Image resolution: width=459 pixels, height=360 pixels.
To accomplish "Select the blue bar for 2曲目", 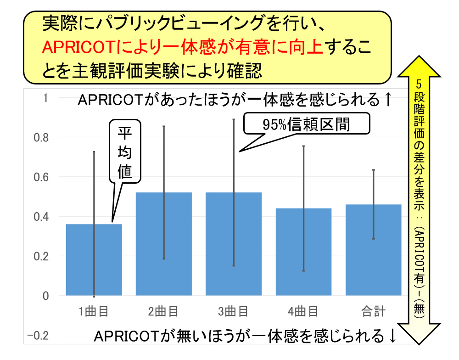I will point(164,244).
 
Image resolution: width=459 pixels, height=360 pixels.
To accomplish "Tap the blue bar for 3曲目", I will point(234,244).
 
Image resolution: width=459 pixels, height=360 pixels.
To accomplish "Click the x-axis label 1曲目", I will point(94,312).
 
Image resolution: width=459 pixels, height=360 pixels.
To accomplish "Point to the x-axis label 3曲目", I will point(233,312).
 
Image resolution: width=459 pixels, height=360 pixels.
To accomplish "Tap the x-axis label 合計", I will point(373,312).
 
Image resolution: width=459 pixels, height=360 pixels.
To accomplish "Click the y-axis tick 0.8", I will point(42,138).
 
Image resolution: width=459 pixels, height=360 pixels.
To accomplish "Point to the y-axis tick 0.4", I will point(42,217).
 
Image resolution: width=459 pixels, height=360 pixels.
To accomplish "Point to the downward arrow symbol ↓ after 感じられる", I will point(392,336).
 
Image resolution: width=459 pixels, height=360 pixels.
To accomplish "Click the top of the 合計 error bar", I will point(373,170).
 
